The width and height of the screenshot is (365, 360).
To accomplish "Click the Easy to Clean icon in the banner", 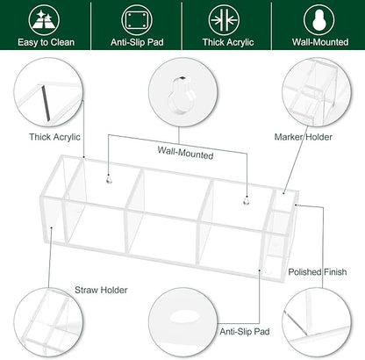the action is point(44,20).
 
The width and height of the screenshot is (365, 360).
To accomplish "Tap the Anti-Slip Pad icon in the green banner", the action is point(137,20).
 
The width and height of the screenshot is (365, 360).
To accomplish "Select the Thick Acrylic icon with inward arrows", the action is point(224,20).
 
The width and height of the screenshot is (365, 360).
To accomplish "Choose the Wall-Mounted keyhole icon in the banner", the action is point(319,20).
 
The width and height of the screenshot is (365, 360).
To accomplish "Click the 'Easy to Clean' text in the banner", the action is point(46,42).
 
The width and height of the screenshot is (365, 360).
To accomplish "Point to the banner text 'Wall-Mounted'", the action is point(320,42).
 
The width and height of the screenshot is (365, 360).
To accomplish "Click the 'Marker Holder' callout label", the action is point(304,137).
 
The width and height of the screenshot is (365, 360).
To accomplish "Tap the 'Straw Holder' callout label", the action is point(101,290).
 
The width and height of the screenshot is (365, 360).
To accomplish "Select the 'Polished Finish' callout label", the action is point(318,272).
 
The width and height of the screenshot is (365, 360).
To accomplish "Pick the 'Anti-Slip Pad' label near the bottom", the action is point(245,332).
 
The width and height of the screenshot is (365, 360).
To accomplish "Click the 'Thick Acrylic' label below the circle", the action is point(54,137).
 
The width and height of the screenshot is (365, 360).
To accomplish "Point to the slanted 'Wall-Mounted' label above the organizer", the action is point(185,153).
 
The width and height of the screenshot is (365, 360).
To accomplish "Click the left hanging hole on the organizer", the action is point(109,179).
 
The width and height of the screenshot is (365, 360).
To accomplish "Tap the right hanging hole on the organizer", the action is point(247,201).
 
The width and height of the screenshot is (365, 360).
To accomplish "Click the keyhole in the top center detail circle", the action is point(182,95).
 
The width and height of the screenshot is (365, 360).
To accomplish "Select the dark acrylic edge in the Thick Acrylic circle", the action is point(46,103).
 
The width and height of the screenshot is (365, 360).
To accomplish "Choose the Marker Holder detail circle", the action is point(317,92).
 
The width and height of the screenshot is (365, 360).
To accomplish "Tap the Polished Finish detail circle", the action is point(317,323).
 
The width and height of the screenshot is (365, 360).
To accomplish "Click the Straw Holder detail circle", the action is point(48,323).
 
